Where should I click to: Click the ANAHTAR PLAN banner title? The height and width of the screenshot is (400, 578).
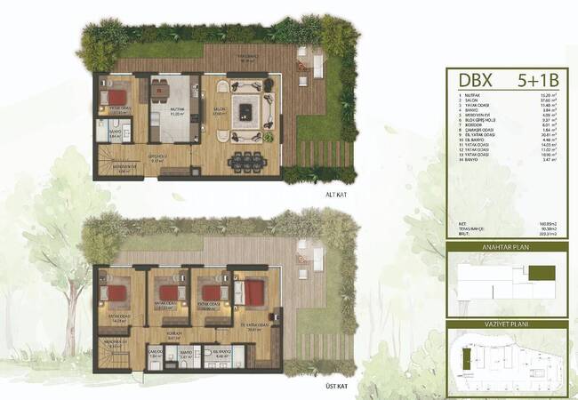pos(509,250)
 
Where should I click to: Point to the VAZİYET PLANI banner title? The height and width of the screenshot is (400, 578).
pos(509,325)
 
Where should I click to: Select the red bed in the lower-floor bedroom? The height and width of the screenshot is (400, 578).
pos(115,97)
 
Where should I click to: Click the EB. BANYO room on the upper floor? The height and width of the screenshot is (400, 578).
pos(221,356)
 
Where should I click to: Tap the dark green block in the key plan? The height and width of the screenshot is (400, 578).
pos(548,272)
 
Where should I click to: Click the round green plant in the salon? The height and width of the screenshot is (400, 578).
pos(269,84)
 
